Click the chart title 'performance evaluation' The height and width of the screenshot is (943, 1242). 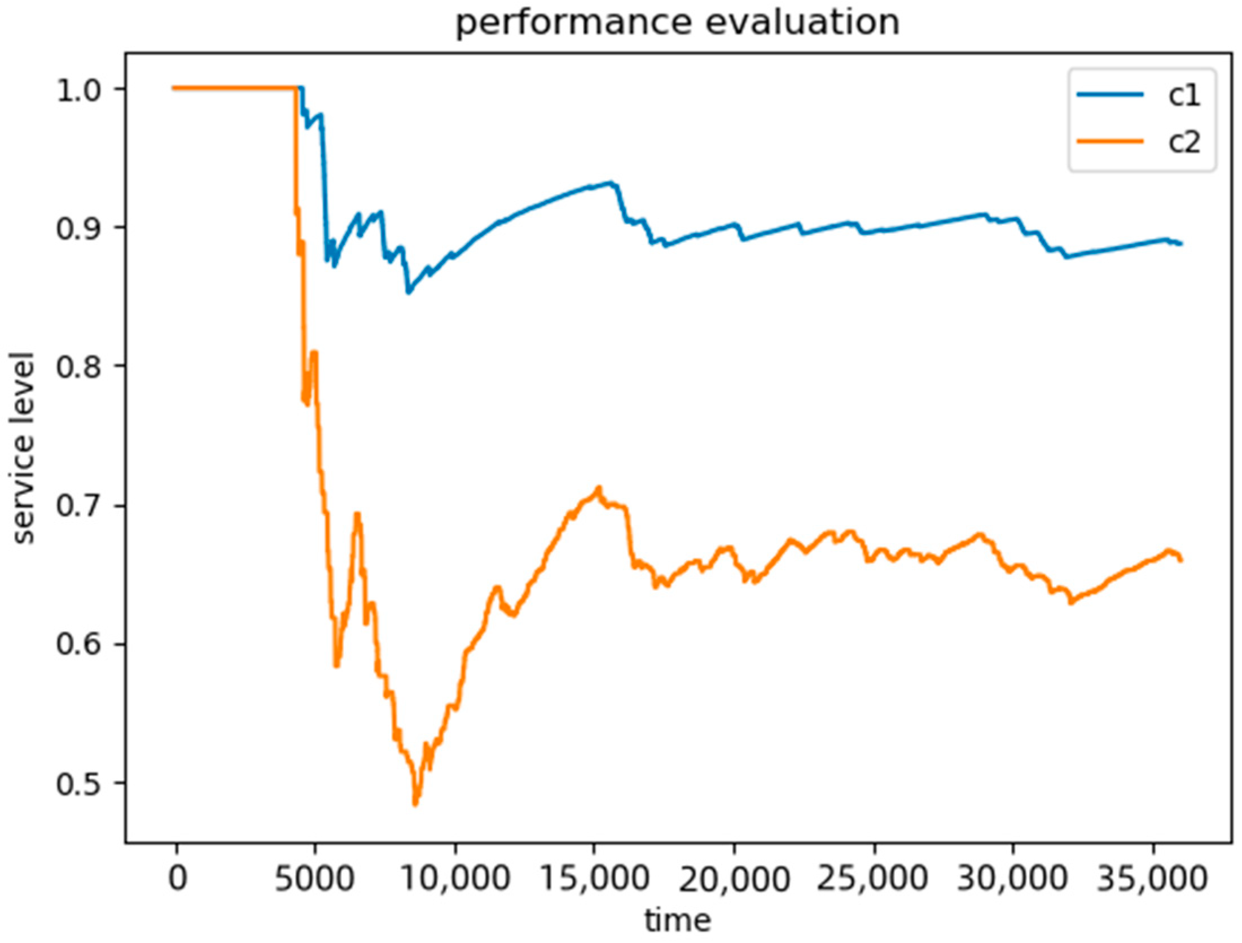tap(677, 24)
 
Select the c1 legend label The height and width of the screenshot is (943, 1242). tap(1184, 96)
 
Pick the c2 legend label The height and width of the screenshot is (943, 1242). tap(1184, 142)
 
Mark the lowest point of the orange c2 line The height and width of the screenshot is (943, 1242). tap(416, 804)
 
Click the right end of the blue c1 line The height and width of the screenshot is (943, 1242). tap(1180, 244)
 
